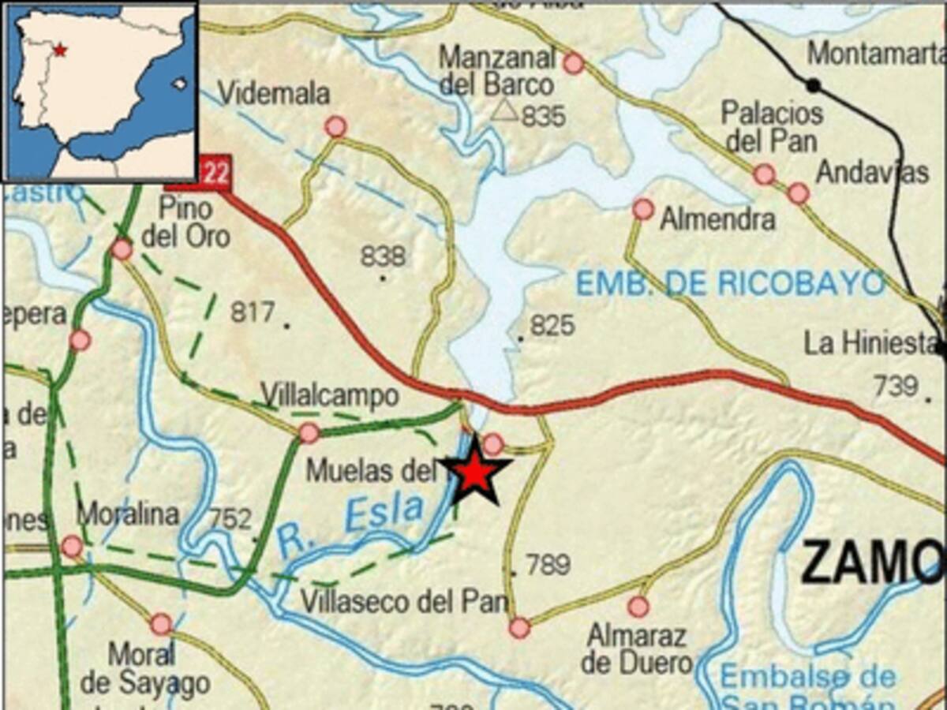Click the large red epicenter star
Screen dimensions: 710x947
[474, 473]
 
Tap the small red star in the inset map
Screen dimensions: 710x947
[60, 50]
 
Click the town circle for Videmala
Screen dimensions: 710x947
[335, 126]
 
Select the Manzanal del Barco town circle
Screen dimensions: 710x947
[574, 63]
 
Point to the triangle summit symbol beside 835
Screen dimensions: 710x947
[504, 111]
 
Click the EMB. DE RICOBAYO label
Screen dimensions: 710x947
[730, 282]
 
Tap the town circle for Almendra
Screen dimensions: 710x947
[643, 209]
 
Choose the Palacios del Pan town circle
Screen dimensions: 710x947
[763, 174]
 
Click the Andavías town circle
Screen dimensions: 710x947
[798, 192]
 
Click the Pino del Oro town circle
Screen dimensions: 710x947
[122, 249]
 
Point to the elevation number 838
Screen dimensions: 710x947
[383, 256]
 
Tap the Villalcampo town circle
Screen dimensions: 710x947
[309, 432]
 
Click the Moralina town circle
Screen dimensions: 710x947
[72, 545]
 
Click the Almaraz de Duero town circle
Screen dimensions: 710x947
[638, 606]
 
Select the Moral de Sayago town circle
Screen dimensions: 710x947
[161, 624]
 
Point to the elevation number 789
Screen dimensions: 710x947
[548, 565]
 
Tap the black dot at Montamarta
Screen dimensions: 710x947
[813, 84]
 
